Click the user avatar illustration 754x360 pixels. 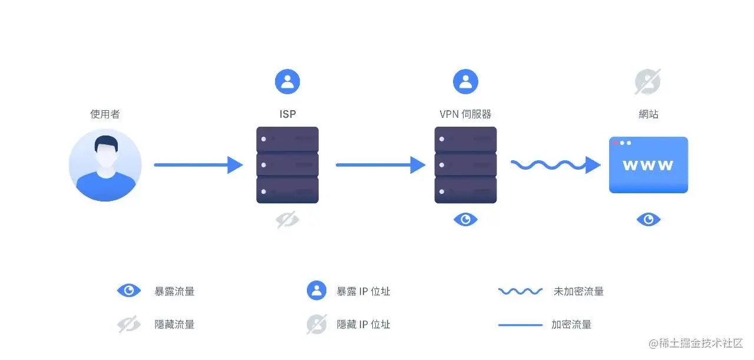[105, 165]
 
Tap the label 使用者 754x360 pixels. [105, 114]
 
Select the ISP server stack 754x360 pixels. [287, 165]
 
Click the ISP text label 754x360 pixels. [287, 114]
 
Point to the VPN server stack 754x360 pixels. [465, 165]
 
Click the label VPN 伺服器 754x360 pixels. [465, 114]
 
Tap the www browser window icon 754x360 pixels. [648, 165]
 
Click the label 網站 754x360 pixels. [648, 114]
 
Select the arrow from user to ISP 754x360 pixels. [198, 165]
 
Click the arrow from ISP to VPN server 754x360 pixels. [380, 165]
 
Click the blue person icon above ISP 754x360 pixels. [287, 82]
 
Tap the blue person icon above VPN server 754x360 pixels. [465, 82]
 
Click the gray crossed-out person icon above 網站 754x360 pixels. [647, 82]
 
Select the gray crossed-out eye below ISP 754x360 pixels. [287, 220]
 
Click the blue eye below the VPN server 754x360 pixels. [465, 220]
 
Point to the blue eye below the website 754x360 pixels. [648, 220]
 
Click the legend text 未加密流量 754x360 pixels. [578, 291]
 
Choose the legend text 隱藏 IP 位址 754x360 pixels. [363, 324]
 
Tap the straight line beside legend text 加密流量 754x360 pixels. [520, 325]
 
